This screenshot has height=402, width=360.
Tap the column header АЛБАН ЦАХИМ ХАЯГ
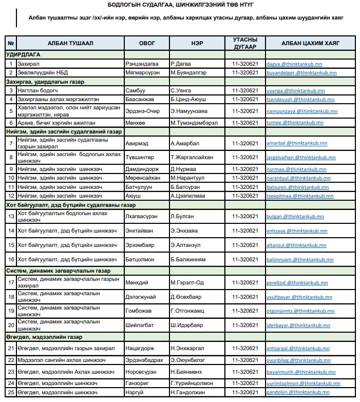click(310, 44)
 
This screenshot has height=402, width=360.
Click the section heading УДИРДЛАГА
click(24, 54)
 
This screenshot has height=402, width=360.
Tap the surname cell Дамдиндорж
click(142, 169)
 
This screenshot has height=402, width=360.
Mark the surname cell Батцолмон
click(140, 260)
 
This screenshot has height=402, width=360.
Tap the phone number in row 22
click(245, 360)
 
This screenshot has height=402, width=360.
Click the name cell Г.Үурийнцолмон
click(195, 383)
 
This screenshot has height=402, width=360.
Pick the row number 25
click(10, 393)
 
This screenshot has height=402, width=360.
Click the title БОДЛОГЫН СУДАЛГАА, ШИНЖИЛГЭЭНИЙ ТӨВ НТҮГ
click(181, 5)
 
